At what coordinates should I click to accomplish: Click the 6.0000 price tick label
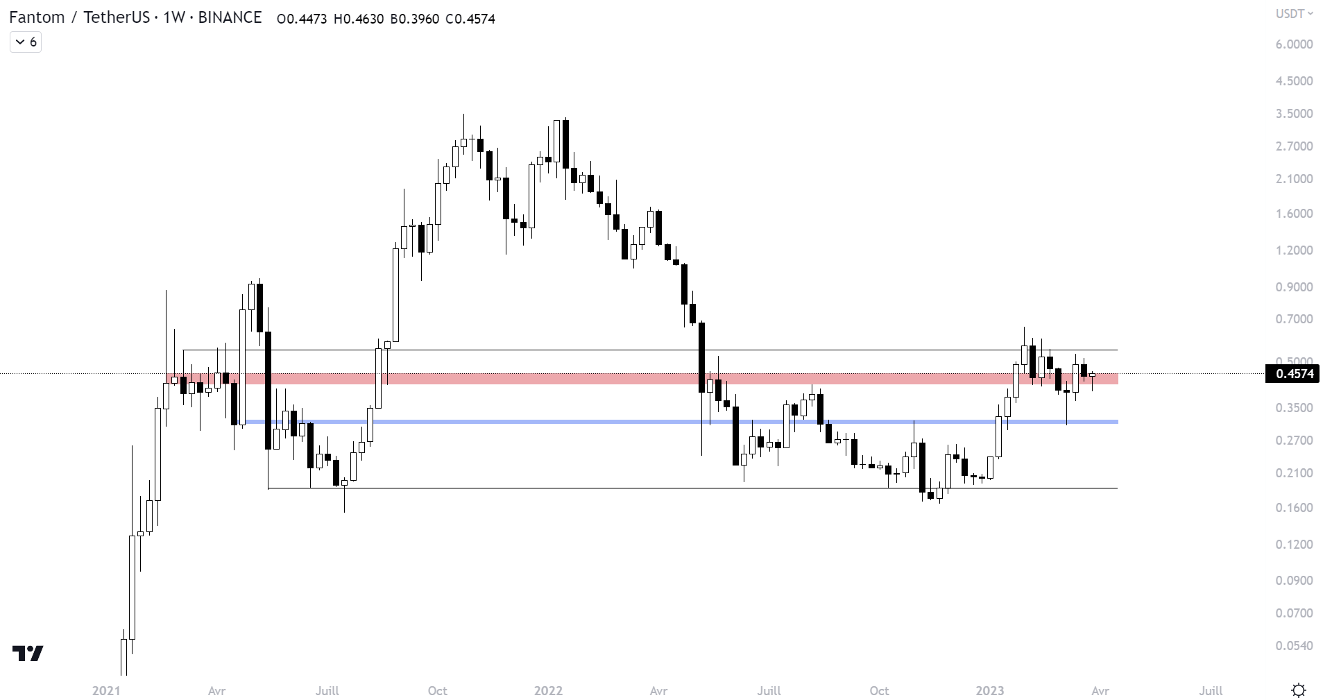pyautogui.click(x=1294, y=44)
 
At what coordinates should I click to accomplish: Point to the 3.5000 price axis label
pyautogui.click(x=1294, y=114)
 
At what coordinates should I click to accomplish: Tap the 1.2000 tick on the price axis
pyautogui.click(x=1294, y=250)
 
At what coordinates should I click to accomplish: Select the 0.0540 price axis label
pyautogui.click(x=1294, y=646)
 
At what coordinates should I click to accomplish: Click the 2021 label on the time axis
pyautogui.click(x=106, y=691)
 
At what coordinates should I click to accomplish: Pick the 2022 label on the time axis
pyautogui.click(x=548, y=691)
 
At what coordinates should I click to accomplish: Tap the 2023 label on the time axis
pyautogui.click(x=990, y=691)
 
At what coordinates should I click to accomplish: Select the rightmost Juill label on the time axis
pyautogui.click(x=1211, y=691)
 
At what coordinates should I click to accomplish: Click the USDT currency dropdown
pyautogui.click(x=1295, y=14)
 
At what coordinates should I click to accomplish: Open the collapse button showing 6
pyautogui.click(x=26, y=42)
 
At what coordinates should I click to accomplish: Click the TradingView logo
pyautogui.click(x=28, y=654)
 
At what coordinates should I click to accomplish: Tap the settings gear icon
pyautogui.click(x=1299, y=690)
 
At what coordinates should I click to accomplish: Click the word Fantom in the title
pyautogui.click(x=37, y=18)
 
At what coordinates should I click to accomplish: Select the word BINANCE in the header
pyautogui.click(x=230, y=18)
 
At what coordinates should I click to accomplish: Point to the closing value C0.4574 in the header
pyautogui.click(x=470, y=19)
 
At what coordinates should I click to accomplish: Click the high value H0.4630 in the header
pyautogui.click(x=359, y=19)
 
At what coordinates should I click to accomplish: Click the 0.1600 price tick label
pyautogui.click(x=1294, y=508)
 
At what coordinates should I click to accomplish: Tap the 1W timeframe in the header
pyautogui.click(x=173, y=18)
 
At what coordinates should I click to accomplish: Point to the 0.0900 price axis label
pyautogui.click(x=1294, y=581)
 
